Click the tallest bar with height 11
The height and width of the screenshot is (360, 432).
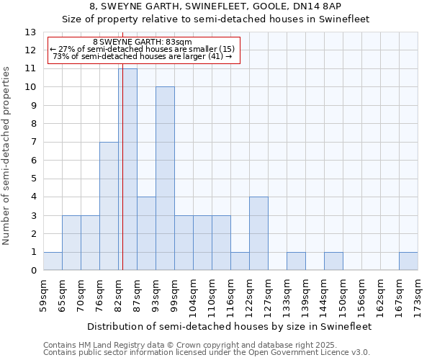[127, 169]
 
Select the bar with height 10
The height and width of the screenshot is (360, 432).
[165, 179]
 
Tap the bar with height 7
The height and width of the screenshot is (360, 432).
[109, 206]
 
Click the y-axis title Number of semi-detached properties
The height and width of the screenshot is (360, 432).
[6, 155]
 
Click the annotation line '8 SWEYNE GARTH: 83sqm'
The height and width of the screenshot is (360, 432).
[143, 42]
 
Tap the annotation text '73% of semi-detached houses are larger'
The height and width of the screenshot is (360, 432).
[143, 56]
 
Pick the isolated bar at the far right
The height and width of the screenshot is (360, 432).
[408, 261]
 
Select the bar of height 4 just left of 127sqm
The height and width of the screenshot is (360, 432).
[258, 233]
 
